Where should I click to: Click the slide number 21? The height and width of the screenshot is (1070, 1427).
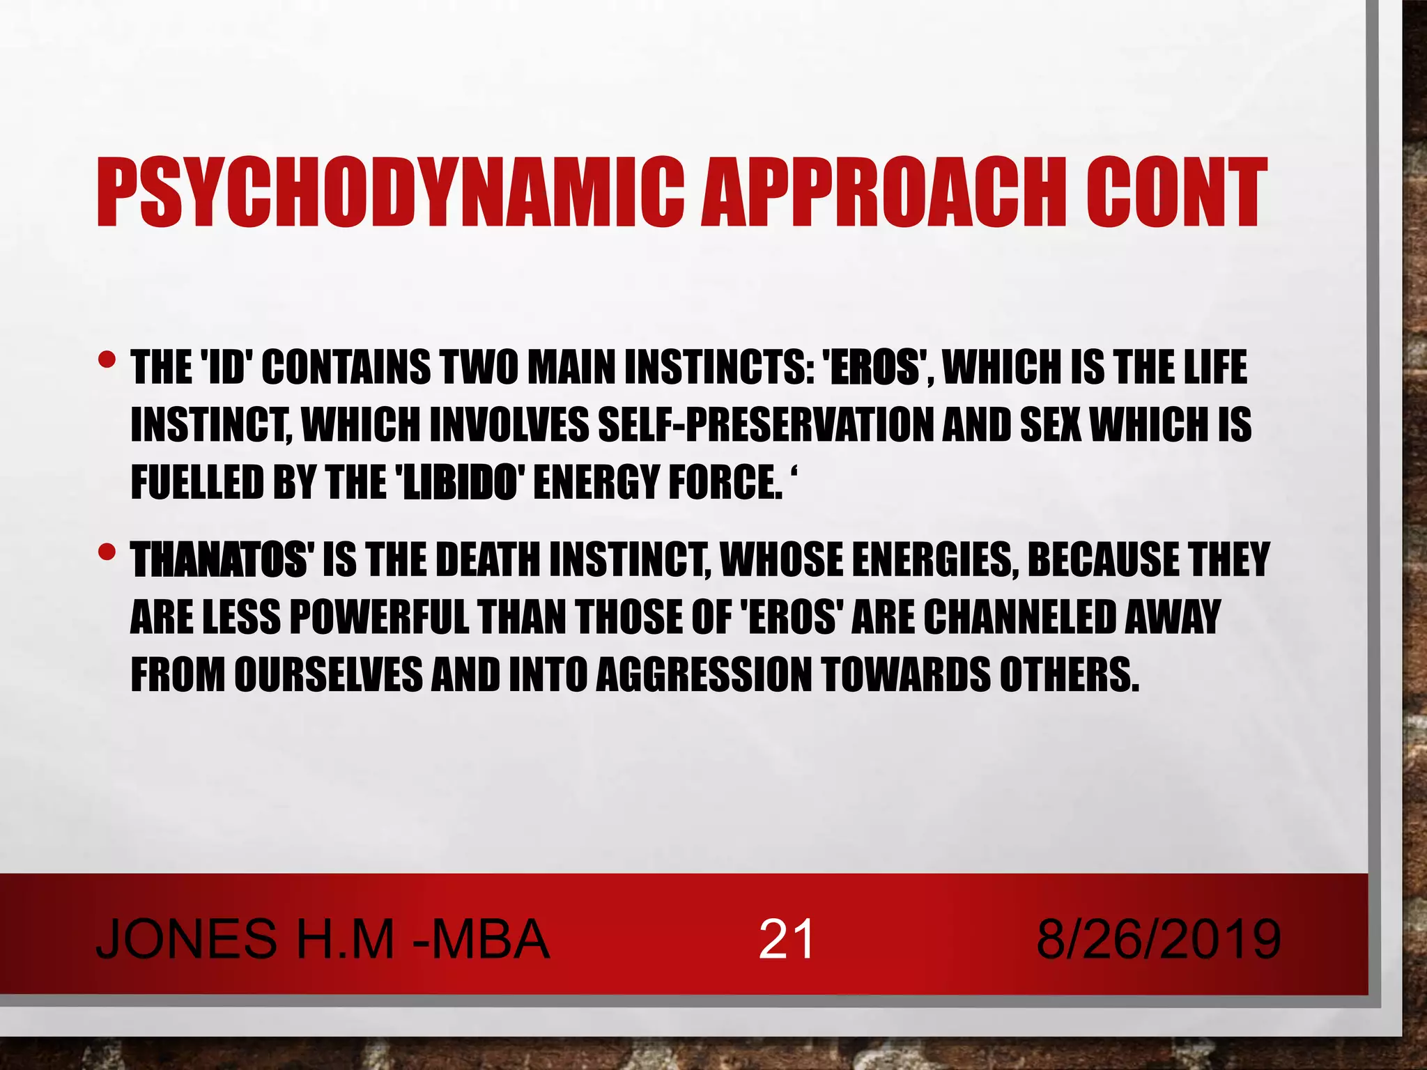(x=786, y=939)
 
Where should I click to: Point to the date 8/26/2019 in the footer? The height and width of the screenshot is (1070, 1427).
(x=1158, y=939)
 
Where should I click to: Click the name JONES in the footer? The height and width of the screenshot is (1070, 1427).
(x=186, y=939)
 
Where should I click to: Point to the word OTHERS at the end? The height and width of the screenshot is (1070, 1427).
(x=1070, y=675)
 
